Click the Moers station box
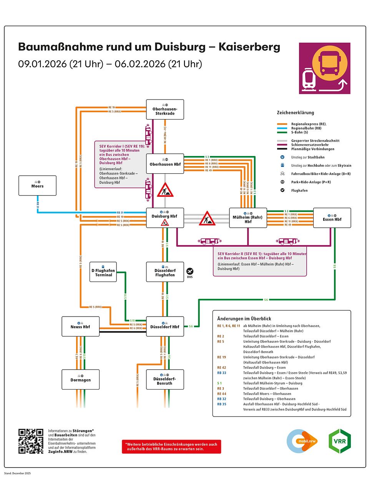click(38, 186)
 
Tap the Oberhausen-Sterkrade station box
click(165, 109)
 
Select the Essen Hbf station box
click(332, 218)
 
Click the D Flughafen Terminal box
click(103, 272)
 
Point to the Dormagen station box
click(80, 379)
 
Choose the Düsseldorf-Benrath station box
click(165, 380)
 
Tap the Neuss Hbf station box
click(80, 326)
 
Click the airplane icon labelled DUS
click(190, 271)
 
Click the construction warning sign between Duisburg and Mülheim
click(207, 219)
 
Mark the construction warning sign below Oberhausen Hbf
click(165, 190)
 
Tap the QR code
click(31, 441)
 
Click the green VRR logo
click(340, 441)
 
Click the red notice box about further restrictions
click(171, 446)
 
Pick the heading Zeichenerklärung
click(295, 113)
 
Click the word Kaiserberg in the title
click(249, 47)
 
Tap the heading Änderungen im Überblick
click(244, 319)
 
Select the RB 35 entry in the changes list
click(222, 404)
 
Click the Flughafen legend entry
click(299, 191)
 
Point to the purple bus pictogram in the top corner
click(325, 68)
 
